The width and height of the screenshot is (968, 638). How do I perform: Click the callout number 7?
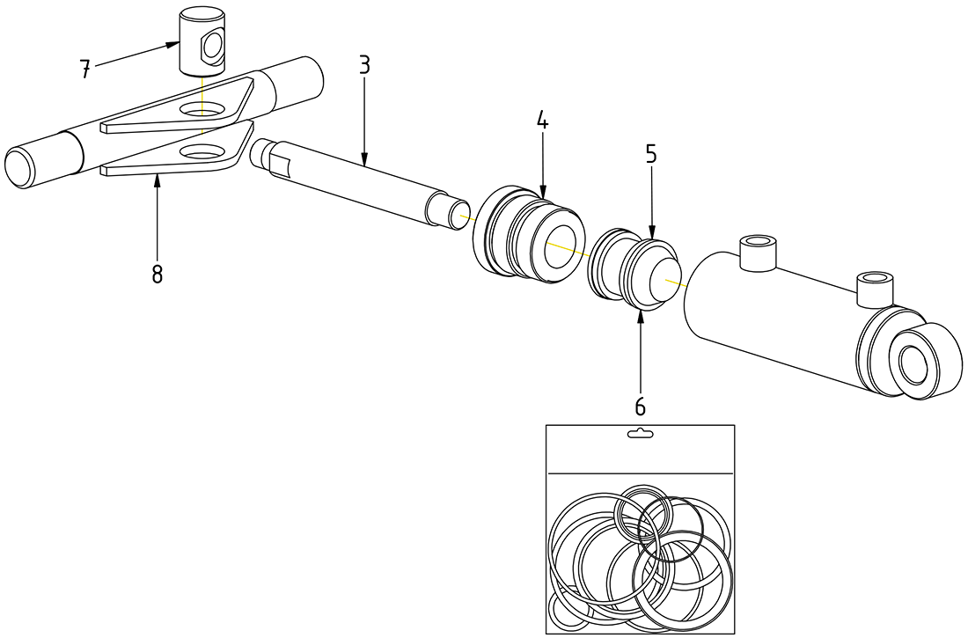(85, 70)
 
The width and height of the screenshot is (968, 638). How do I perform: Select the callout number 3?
(364, 64)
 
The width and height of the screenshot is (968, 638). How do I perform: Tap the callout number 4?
(543, 121)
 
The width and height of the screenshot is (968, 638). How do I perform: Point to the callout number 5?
(651, 154)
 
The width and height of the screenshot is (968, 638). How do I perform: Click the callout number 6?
(640, 407)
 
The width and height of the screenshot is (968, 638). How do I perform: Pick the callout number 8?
(157, 275)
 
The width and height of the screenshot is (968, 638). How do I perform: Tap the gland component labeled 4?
(528, 236)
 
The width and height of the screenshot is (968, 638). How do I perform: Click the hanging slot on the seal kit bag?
(640, 434)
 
